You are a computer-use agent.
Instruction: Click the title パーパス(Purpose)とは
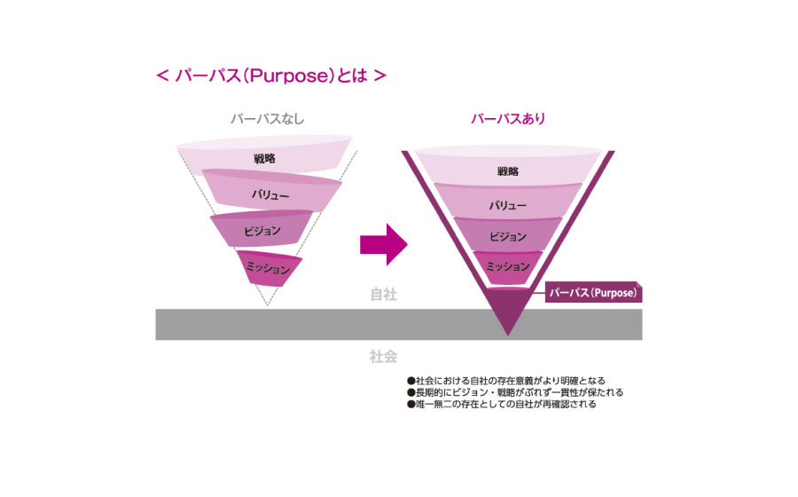coord(270,75)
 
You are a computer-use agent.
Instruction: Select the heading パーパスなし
coord(267,119)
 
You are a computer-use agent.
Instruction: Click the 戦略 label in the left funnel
coord(267,158)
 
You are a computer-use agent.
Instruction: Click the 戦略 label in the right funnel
coord(508,171)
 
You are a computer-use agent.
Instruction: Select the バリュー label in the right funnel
coord(508,205)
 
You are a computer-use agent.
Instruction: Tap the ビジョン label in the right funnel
coord(508,237)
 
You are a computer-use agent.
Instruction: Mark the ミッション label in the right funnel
coord(508,265)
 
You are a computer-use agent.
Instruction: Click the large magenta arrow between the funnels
coord(383,244)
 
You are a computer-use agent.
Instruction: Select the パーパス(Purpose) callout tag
coord(593,293)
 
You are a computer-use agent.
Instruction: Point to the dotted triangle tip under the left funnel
coord(268,304)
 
